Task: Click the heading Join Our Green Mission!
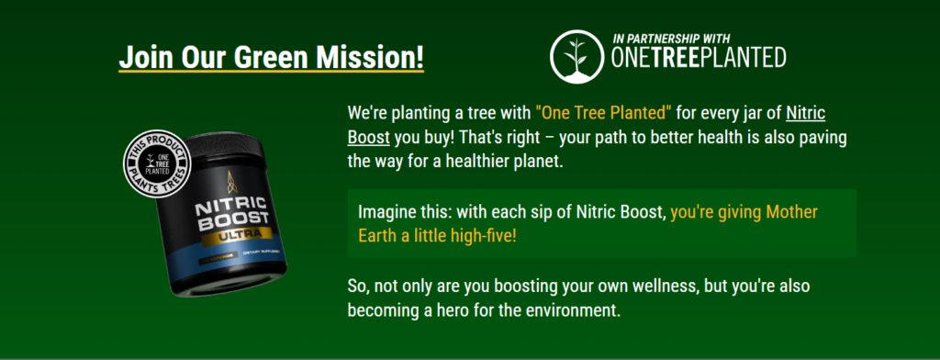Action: point(271,58)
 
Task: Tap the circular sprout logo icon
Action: point(576,56)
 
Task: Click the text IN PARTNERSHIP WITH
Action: point(671,39)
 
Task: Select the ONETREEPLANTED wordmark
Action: point(699,58)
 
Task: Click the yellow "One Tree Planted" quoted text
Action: point(604,112)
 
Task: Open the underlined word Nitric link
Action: point(806,112)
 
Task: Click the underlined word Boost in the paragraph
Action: point(369,137)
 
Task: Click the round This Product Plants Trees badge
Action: point(156,162)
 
